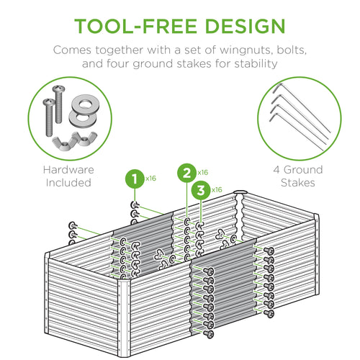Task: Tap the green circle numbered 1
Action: (x=132, y=176)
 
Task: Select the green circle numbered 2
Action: (x=186, y=173)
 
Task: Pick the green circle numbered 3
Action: (x=202, y=190)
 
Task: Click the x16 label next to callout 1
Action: (x=151, y=177)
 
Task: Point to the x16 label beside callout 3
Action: (x=217, y=190)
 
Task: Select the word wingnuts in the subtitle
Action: (x=234, y=53)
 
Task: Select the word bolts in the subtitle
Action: (x=289, y=53)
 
